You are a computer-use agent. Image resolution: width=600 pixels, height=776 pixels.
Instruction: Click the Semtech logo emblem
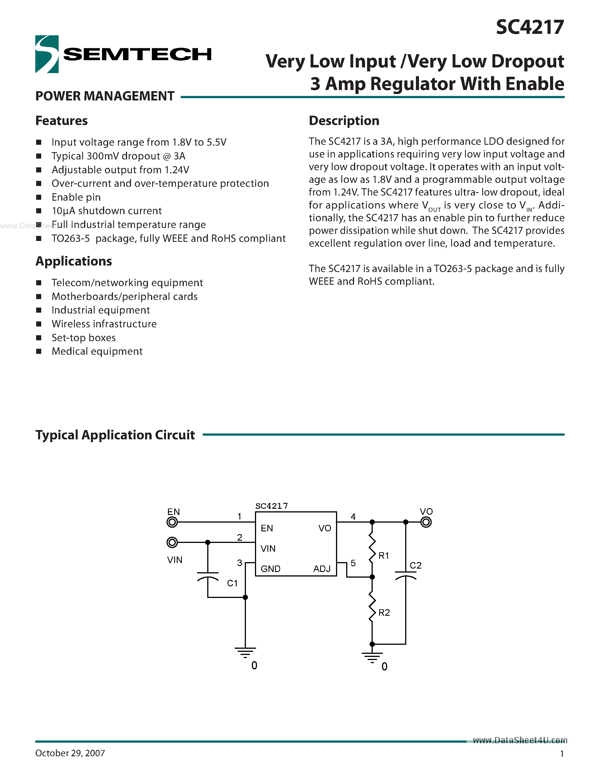[x=47, y=54]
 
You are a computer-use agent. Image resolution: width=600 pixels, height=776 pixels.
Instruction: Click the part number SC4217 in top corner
[x=530, y=27]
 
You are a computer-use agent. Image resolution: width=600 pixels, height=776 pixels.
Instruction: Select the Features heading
[x=62, y=121]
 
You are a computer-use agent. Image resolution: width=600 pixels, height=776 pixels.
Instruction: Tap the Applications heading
[x=74, y=261]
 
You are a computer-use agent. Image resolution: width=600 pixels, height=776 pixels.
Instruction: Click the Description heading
[x=344, y=121]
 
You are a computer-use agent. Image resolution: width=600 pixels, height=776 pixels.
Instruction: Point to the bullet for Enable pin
[x=39, y=197]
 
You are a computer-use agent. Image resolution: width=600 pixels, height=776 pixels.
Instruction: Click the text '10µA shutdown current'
[x=107, y=211]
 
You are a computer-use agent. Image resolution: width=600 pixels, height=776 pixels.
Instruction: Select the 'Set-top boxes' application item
[x=84, y=337]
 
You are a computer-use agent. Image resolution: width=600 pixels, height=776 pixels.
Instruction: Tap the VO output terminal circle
[x=426, y=522]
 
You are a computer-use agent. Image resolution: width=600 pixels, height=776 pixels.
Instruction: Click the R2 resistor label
[x=384, y=613]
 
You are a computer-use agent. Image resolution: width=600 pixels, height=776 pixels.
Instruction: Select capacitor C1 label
[x=232, y=583]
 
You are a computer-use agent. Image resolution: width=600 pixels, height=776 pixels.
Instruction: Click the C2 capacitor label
[x=416, y=565]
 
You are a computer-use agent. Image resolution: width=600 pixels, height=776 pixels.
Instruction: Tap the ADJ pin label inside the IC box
[x=322, y=569]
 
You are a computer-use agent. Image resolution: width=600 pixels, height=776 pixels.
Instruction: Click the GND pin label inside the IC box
[x=270, y=569]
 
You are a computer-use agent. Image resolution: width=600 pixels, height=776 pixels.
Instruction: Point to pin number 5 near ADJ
[x=353, y=563]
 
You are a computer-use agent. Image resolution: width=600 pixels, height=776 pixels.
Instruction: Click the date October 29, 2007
[x=70, y=753]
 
